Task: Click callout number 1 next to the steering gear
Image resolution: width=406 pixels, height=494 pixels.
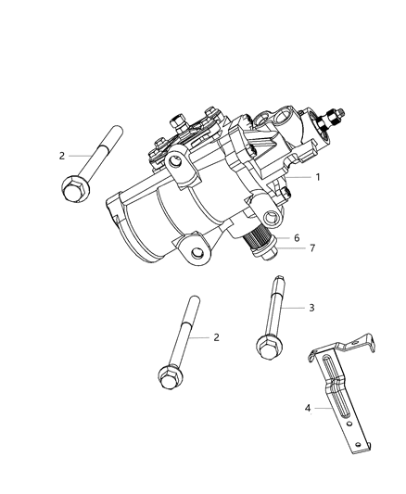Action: tap(317, 177)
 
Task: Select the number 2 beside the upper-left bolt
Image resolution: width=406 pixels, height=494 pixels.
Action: tap(61, 156)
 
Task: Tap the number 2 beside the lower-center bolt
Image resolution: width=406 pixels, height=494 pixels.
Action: tap(216, 337)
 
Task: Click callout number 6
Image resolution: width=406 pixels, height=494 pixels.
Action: tap(297, 237)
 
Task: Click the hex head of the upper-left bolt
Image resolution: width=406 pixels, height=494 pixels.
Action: tap(71, 190)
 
